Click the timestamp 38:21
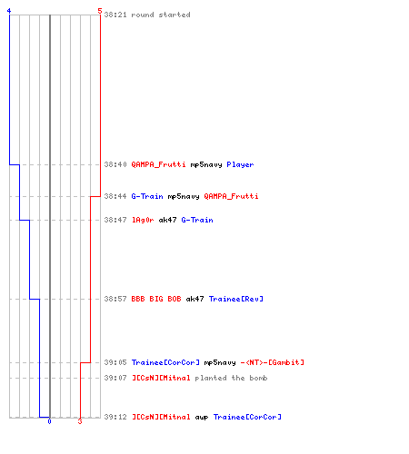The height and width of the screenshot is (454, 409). click(x=115, y=15)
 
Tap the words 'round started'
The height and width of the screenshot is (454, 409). click(x=161, y=15)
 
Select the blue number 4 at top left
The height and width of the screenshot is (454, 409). click(x=9, y=11)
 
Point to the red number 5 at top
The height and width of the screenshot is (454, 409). click(x=100, y=11)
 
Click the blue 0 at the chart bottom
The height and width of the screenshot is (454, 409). click(x=49, y=421)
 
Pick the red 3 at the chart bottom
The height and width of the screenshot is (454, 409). click(x=80, y=421)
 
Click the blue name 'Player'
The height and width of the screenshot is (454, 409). click(x=240, y=164)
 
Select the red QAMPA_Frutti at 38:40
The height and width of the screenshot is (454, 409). click(x=158, y=164)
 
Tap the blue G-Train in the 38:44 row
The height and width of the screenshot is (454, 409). click(x=147, y=196)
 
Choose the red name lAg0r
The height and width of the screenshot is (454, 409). click(x=143, y=220)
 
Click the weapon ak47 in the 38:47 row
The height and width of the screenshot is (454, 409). click(x=167, y=220)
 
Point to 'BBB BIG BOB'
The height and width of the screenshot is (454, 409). click(x=156, y=299)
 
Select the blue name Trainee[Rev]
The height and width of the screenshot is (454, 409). click(x=236, y=299)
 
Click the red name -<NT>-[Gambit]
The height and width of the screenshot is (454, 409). click(x=273, y=362)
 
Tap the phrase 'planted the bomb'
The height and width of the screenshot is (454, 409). click(x=231, y=378)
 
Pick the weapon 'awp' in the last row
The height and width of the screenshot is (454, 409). click(x=202, y=418)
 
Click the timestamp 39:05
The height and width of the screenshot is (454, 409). click(x=115, y=362)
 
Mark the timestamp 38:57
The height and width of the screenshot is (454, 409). click(x=115, y=299)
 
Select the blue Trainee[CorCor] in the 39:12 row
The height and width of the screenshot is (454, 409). click(x=247, y=417)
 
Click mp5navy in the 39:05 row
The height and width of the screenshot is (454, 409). click(x=220, y=362)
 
